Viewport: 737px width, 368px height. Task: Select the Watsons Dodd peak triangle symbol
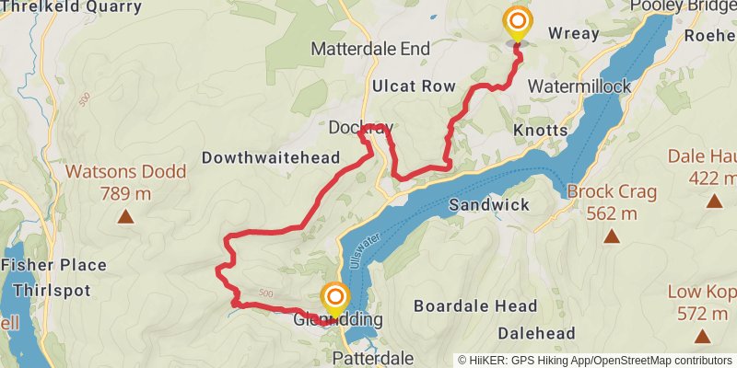click(x=125, y=218)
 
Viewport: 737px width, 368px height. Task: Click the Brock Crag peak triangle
click(x=612, y=236)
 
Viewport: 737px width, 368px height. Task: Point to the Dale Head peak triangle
click(x=714, y=201)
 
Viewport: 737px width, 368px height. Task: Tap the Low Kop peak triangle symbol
click(x=702, y=338)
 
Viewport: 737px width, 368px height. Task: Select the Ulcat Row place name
click(x=413, y=86)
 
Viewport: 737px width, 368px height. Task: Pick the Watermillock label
click(x=579, y=86)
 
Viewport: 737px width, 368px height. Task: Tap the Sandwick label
click(x=489, y=204)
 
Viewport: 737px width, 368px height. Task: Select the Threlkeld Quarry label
click(x=72, y=7)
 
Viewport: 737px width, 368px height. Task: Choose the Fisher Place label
click(x=53, y=266)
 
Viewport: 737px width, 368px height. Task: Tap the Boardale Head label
click(x=474, y=305)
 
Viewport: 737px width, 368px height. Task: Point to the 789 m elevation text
click(x=125, y=193)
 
